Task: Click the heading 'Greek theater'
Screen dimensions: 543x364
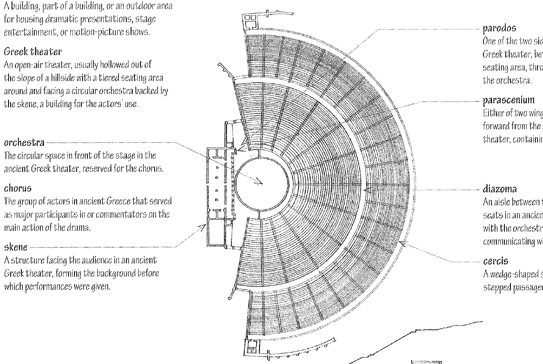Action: (x=33, y=52)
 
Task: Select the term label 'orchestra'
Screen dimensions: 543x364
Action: (x=24, y=142)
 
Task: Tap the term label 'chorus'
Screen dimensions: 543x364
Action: (x=18, y=188)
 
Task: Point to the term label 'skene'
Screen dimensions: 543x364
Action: (x=16, y=247)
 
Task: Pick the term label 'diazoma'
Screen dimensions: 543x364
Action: (x=500, y=189)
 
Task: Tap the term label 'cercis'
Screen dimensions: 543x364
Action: (x=495, y=260)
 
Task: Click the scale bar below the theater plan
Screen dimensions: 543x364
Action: (x=426, y=362)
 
